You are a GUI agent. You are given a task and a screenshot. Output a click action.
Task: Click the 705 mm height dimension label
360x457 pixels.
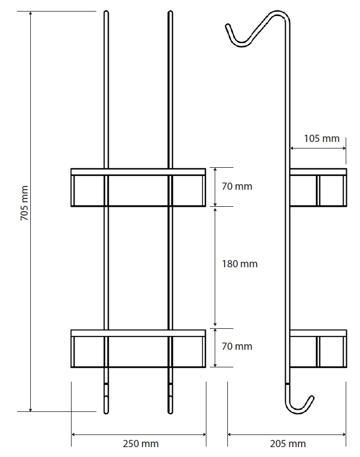tap(24, 203)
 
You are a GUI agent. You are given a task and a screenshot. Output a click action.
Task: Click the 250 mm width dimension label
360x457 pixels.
tap(140, 444)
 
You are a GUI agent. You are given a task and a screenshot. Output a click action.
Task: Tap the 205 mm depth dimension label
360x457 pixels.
tap(288, 444)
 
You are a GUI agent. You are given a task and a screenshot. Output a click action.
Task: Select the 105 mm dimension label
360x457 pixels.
tap(321, 138)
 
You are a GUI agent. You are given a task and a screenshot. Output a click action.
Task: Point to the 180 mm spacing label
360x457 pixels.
tap(239, 264)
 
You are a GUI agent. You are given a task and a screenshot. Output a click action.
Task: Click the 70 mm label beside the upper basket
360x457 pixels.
tap(237, 186)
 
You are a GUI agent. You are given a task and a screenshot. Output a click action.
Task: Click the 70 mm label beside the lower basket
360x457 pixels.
tap(237, 346)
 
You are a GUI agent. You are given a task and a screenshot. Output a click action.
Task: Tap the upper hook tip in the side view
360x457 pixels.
tap(227, 26)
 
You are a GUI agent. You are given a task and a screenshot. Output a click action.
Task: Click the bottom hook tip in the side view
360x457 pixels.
tap(312, 398)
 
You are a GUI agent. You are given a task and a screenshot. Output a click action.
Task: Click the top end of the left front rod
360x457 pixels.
tap(106, 12)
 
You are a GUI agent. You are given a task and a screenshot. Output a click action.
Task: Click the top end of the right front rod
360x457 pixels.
tap(171, 12)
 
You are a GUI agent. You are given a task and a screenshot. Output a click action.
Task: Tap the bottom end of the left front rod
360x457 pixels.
tap(106, 412)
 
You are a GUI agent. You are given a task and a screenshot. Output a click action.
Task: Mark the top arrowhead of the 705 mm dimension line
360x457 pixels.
tap(31, 13)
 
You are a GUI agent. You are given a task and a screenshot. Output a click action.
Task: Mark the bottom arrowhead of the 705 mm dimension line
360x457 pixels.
tap(31, 410)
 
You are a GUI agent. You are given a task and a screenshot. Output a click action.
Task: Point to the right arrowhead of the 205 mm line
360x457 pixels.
tap(344, 434)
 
